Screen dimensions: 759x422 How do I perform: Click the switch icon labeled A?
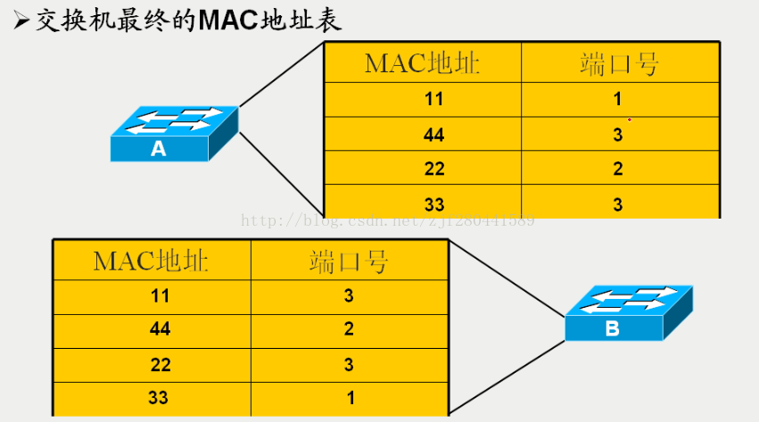(x=174, y=133)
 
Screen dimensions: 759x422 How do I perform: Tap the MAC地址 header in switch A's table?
(x=422, y=63)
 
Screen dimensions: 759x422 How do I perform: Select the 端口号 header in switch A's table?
(x=618, y=63)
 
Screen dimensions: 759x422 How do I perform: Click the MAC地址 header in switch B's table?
(x=151, y=261)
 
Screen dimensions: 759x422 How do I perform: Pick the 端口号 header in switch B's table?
(x=349, y=261)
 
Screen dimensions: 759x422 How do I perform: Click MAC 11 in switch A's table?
(x=433, y=99)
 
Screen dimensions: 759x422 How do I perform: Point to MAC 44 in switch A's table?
(x=433, y=135)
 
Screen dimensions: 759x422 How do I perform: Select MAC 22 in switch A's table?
(x=433, y=169)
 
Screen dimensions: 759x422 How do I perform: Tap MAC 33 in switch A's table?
(x=433, y=203)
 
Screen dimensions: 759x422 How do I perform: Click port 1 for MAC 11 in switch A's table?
(x=617, y=99)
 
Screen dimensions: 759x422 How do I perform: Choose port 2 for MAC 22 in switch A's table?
(x=617, y=169)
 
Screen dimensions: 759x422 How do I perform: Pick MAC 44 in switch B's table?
(x=159, y=330)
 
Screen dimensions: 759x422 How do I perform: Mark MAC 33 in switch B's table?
(x=159, y=398)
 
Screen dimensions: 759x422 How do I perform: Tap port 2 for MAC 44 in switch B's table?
(x=349, y=330)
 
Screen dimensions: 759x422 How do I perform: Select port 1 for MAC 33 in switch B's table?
(x=349, y=398)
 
